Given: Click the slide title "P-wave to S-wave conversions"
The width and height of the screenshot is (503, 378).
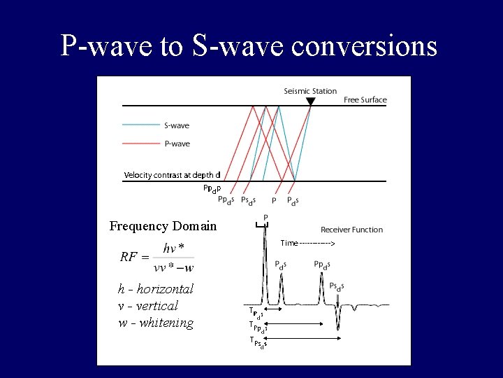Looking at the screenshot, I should (x=249, y=45).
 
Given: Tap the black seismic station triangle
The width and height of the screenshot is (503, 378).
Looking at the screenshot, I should (x=311, y=102).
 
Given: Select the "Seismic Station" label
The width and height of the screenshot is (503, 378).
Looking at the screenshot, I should (x=310, y=91).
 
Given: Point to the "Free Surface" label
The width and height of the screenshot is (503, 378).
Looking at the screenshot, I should (x=365, y=100).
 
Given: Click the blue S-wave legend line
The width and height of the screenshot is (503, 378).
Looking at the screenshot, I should (x=141, y=126).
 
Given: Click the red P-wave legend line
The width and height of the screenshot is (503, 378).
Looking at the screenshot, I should (x=141, y=143).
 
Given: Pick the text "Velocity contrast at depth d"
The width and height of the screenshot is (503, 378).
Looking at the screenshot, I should (x=172, y=175).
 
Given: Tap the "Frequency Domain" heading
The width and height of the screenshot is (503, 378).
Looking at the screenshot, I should (x=163, y=226).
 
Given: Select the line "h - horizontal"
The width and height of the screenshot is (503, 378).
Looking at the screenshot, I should (x=155, y=289).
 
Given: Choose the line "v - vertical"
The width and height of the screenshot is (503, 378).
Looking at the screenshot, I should (x=147, y=306).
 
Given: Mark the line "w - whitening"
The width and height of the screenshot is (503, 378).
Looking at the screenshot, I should (x=155, y=323).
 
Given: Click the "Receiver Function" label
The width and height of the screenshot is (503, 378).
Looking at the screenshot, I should (x=351, y=230).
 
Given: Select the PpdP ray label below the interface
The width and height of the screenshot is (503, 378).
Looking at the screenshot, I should (x=212, y=188).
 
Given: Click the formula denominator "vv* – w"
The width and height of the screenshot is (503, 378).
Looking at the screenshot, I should (x=174, y=267).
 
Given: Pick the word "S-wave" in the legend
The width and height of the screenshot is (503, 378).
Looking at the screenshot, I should (x=177, y=126).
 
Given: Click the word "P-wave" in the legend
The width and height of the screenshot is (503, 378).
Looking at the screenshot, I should (x=177, y=143).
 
